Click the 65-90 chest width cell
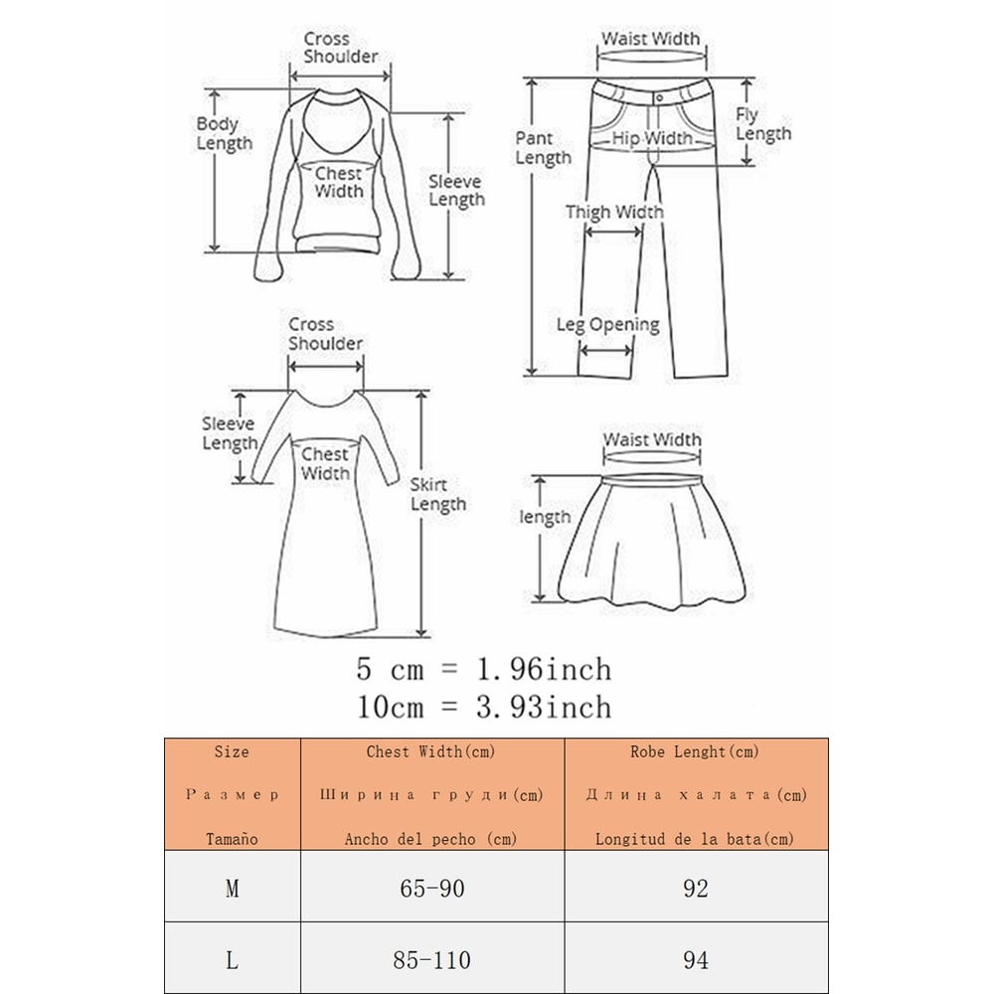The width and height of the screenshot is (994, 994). [432, 888]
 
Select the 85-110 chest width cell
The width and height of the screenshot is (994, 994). [431, 960]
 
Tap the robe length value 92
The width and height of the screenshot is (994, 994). [696, 888]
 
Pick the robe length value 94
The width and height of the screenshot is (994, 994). [696, 960]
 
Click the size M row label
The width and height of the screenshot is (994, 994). [232, 889]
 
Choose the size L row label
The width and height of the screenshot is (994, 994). [232, 960]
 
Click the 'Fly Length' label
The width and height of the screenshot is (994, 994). [763, 124]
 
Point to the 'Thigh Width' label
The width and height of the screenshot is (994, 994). [614, 212]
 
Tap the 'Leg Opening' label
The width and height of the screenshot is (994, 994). [608, 325]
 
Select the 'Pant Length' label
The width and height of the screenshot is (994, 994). [544, 148]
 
